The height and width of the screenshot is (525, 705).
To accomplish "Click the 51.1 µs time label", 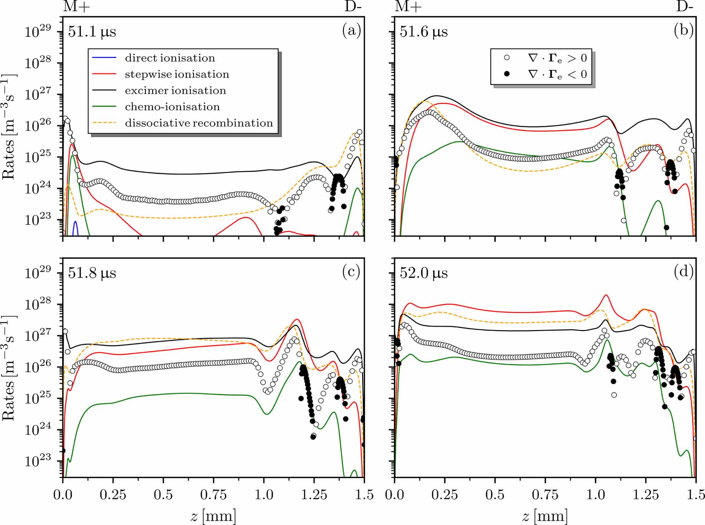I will pos(92,32).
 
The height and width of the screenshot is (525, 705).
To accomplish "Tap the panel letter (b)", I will pos(684,30).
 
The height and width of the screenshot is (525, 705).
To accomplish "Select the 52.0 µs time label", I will pos(424,273).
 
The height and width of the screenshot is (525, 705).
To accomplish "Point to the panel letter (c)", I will pos(351,271).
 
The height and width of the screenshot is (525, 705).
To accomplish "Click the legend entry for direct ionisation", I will pos(170,58).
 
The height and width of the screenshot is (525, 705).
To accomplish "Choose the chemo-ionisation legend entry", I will pos(172,106).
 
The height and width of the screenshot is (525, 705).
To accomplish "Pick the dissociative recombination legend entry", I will pos(199,123).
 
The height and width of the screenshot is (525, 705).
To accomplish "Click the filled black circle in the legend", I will pos(507,74).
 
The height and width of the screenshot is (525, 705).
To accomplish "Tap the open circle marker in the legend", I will pos(507,58).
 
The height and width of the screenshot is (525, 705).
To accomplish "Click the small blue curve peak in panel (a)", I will pos(75,222).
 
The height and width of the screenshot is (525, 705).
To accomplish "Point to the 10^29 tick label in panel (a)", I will pos(38,32).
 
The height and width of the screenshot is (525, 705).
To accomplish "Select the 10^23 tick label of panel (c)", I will pos(38,461).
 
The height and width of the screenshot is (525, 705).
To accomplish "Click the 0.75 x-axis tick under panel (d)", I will pos(545,495).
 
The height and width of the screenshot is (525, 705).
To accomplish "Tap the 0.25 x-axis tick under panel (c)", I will pos(113,495).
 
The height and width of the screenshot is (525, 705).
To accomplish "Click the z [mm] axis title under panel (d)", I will pos(545,516).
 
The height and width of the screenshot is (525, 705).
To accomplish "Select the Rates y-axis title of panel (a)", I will pos(8,126).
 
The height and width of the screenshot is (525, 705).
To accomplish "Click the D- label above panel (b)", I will pos(685,7).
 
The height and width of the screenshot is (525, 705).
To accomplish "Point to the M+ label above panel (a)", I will pos(76,7).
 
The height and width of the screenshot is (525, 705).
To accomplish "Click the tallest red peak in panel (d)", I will pos(606,295).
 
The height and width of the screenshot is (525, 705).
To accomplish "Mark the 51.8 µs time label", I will pos(92,273).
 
